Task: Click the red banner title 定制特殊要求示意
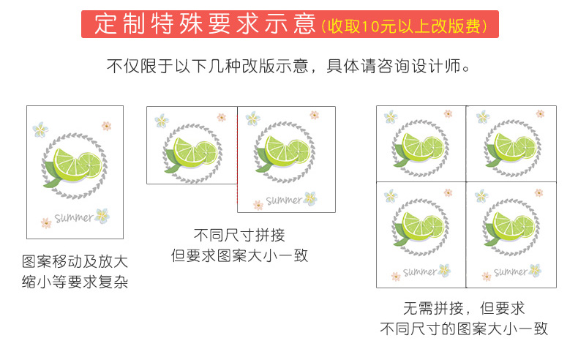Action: [x=206, y=24]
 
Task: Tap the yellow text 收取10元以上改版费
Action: [x=405, y=26]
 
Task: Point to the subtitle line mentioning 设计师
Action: [x=288, y=67]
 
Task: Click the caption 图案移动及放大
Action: [x=75, y=262]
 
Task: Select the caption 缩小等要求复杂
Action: [x=75, y=282]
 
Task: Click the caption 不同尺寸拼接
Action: [x=239, y=235]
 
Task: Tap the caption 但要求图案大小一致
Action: [x=239, y=255]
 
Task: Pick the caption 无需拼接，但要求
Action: [x=464, y=308]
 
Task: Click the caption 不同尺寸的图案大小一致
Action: [x=464, y=329]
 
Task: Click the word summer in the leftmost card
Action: [x=74, y=217]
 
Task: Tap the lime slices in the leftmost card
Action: [x=78, y=165]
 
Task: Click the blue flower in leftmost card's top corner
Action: [x=40, y=130]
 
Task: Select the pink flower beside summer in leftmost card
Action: [x=46, y=223]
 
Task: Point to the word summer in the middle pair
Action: [x=283, y=200]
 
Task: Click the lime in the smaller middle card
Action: [x=195, y=152]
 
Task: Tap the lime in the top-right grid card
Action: [x=514, y=147]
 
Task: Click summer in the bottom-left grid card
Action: [x=419, y=272]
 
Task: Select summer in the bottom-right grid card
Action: [x=511, y=272]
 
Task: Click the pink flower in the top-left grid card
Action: [x=448, y=113]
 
